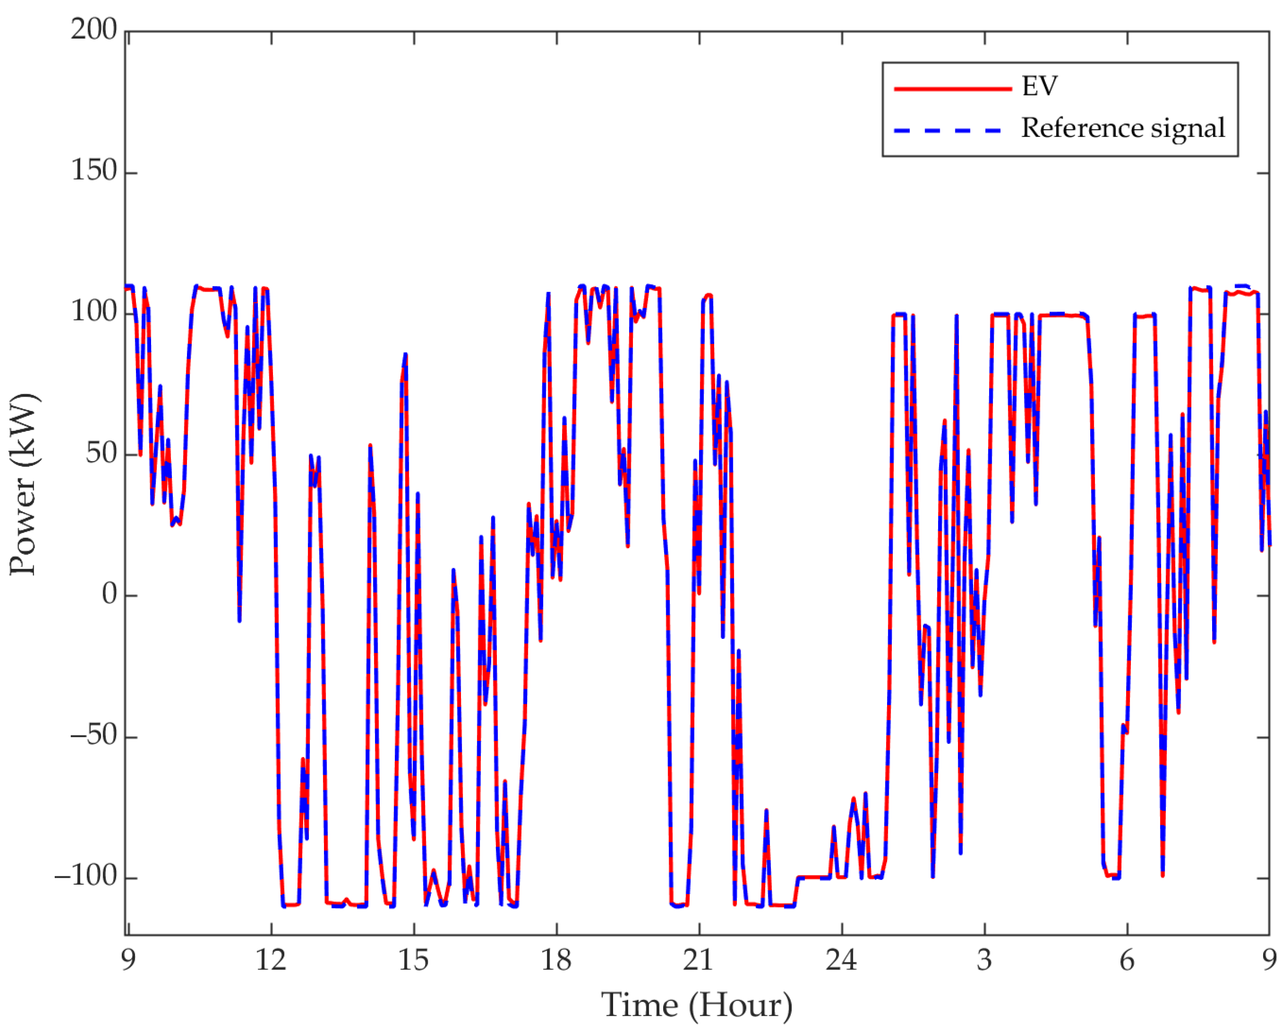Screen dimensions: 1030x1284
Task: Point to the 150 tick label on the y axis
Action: [x=94, y=170]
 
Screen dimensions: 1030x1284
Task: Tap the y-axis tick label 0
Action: [x=109, y=594]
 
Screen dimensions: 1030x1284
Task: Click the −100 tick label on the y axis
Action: [x=86, y=876]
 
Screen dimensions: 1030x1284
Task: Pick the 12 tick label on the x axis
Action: [x=271, y=960]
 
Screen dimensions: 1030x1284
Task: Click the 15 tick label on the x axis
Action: [x=413, y=960]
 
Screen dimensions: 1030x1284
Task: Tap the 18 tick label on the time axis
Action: [x=556, y=960]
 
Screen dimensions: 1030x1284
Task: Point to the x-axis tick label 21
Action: [x=698, y=960]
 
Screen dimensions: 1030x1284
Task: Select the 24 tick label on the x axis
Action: [x=841, y=960]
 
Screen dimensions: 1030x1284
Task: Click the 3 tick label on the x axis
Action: [x=984, y=960]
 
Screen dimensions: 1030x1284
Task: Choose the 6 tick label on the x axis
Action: [x=1127, y=960]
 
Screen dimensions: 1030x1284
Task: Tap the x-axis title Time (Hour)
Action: [x=696, y=1006]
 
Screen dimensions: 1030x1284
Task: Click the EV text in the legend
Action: [x=1040, y=86]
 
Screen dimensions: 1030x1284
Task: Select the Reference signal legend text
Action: [x=1123, y=128]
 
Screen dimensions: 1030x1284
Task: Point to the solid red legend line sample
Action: [x=952, y=89]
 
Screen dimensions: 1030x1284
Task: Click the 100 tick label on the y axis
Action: [x=94, y=311]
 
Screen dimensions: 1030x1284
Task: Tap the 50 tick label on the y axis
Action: [x=101, y=453]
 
